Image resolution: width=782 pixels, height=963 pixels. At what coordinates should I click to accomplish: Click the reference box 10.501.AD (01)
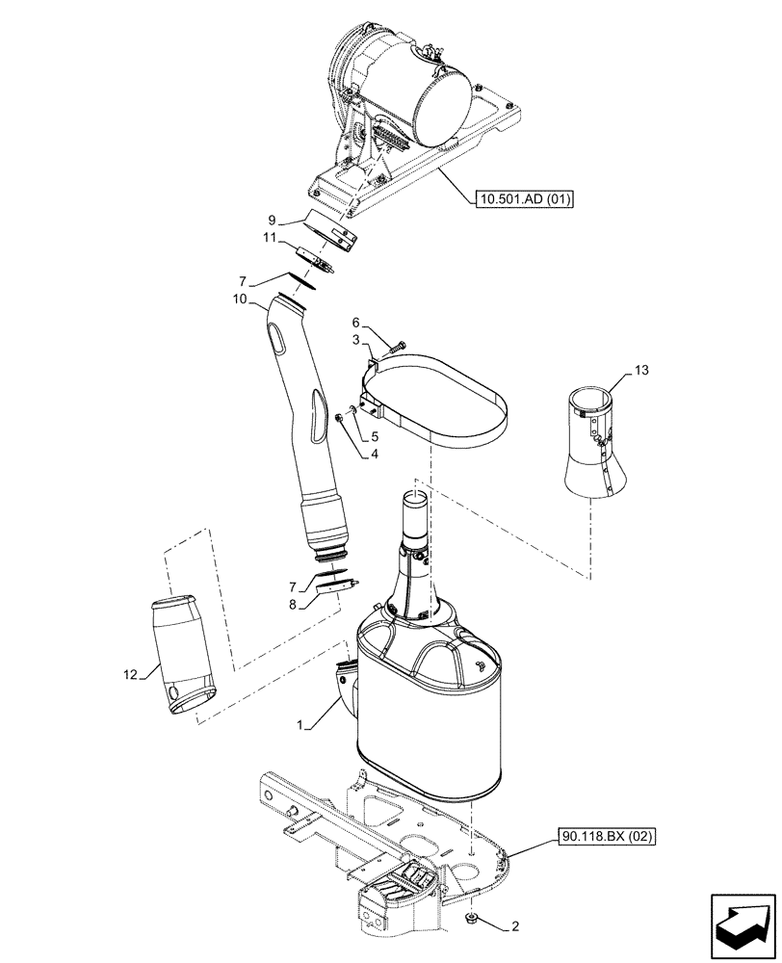point(525,200)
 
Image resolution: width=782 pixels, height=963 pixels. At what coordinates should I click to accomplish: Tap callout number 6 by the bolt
point(355,323)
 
